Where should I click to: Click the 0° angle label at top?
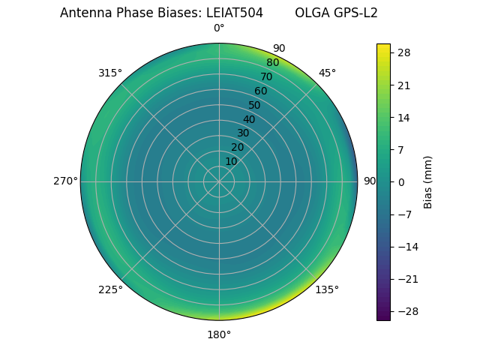point(219,28)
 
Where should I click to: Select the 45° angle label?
point(327,73)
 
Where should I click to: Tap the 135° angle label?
point(327,289)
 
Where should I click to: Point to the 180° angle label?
point(219,334)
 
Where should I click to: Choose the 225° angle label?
point(110,289)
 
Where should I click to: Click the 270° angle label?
point(65,181)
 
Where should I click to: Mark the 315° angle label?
point(110,73)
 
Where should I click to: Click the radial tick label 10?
point(232,161)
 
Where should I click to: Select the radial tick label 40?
point(249,119)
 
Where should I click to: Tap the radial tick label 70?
point(266,77)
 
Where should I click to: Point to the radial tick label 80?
point(272,63)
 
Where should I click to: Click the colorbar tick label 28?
point(403,52)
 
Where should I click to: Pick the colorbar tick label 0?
point(400,181)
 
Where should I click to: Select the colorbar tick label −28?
point(406,311)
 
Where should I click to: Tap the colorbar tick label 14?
point(403,117)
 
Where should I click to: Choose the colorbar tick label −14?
point(406,247)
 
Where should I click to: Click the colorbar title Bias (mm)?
point(428,181)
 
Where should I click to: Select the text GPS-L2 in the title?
point(357,13)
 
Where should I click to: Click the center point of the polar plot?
point(219,181)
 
